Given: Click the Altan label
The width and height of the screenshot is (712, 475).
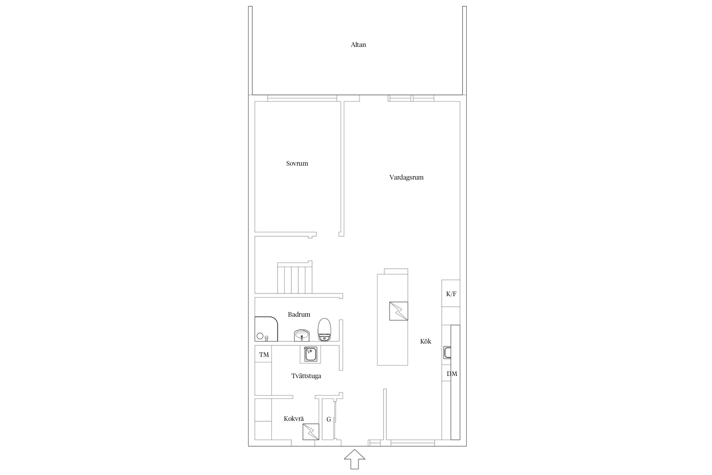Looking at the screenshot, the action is point(358,45).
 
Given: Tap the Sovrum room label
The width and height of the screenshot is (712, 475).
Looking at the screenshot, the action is point(297,163).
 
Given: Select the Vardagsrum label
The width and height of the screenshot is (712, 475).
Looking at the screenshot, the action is point(406,177).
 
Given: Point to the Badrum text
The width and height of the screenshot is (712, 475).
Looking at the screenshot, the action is point(299,314).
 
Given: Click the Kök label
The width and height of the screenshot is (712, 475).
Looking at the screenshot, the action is point(426,341).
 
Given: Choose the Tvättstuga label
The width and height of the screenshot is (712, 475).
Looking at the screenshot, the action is point(306,376).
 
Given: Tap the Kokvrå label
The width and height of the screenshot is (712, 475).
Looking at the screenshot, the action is point(294,419).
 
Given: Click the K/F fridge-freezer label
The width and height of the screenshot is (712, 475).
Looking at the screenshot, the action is point(451,294).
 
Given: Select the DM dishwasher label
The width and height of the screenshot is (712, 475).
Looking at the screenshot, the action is point(452,374).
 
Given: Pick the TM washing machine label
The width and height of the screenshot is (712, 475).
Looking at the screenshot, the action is point(264,355).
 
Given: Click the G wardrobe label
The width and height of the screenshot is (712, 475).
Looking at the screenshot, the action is point(329,419).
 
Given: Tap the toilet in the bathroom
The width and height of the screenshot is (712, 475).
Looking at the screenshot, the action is point(324,330).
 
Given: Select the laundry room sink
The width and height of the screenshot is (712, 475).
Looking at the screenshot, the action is point(310,354).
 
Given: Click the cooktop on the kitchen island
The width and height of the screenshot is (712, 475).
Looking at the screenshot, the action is point(398,311).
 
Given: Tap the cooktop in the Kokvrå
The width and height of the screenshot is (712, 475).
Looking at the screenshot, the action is point(311,432).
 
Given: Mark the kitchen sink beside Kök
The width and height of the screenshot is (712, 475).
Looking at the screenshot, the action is point(447,352).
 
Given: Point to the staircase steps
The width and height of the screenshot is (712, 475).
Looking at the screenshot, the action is point(295,277).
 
